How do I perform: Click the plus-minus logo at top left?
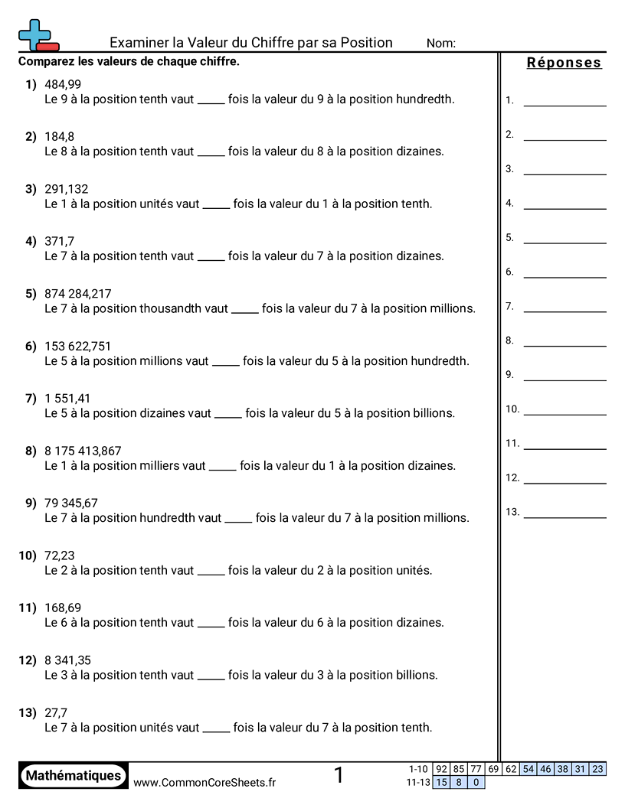pyautogui.click(x=37, y=35)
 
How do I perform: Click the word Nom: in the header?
pyautogui.click(x=440, y=44)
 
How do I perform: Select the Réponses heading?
pyautogui.click(x=564, y=63)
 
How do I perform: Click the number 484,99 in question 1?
pyautogui.click(x=63, y=84)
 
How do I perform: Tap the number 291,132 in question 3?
pyautogui.click(x=67, y=189)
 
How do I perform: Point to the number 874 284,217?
pyautogui.click(x=78, y=294)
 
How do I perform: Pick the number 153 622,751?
pyautogui.click(x=78, y=346)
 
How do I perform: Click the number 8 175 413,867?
pyautogui.click(x=83, y=451)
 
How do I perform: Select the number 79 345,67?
pyautogui.click(x=71, y=503)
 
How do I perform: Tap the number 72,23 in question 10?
pyautogui.click(x=60, y=555)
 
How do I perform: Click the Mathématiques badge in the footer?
pyautogui.click(x=74, y=775)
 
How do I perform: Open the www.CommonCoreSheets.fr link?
pyautogui.click(x=205, y=782)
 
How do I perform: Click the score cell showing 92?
pyautogui.click(x=441, y=769)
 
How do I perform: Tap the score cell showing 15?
pyautogui.click(x=441, y=782)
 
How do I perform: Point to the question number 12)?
pyautogui.click(x=28, y=660)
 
